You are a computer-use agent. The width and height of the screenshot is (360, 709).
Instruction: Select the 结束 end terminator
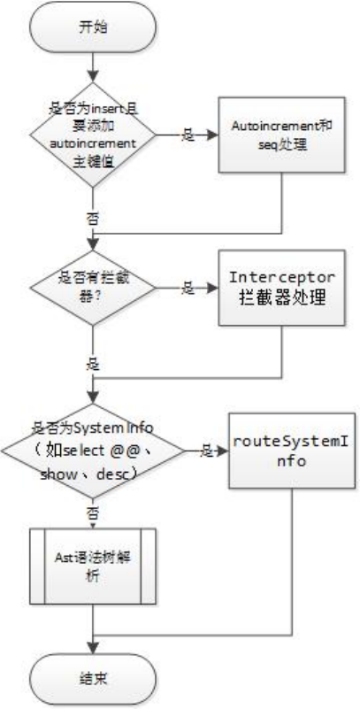[93, 678]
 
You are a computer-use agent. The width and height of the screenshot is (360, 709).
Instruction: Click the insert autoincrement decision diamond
[93, 135]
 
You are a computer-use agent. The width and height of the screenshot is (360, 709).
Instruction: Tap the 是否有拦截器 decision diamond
[93, 288]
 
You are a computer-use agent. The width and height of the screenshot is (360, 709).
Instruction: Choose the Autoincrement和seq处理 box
[282, 135]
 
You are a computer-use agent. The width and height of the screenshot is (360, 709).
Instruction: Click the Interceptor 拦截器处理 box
[282, 288]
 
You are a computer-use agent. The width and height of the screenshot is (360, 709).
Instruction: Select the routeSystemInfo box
[291, 451]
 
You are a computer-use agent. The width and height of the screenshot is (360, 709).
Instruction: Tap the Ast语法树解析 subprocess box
[93, 566]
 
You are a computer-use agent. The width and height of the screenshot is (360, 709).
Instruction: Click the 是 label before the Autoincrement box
[188, 135]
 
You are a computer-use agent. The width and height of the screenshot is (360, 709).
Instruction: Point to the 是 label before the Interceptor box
[188, 288]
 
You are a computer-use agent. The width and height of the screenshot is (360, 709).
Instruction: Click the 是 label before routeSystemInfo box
[207, 451]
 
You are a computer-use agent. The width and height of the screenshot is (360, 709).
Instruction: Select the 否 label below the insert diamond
[93, 219]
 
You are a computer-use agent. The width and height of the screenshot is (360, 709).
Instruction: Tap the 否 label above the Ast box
[93, 513]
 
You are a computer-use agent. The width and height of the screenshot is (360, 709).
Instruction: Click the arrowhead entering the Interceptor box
[214, 288]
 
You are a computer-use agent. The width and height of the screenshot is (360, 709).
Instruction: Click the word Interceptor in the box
[282, 277]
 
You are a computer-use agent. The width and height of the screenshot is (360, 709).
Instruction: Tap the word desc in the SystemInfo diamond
[117, 474]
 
